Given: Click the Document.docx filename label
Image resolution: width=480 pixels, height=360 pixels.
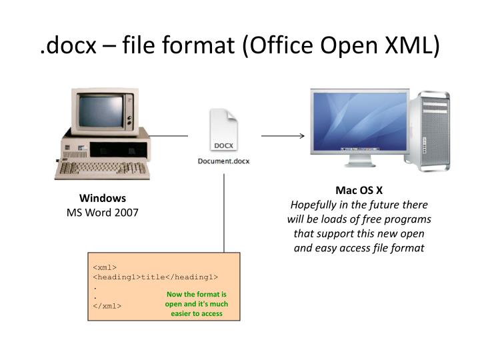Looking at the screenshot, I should point(223,161).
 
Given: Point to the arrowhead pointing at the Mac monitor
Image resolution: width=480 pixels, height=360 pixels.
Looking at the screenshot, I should point(301,136).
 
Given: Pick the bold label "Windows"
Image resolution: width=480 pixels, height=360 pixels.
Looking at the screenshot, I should point(103,198).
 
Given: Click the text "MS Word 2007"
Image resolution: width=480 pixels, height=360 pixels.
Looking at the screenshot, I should point(103,212).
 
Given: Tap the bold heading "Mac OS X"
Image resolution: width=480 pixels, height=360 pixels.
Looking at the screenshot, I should point(359,189).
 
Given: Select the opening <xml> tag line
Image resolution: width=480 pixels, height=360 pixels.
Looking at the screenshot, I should point(105,267).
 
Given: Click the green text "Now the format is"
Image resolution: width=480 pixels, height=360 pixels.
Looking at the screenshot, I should point(197,294).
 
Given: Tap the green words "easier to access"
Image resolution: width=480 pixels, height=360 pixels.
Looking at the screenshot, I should point(197,313).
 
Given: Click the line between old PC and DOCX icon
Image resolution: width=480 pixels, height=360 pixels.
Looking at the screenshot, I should point(169,136).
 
